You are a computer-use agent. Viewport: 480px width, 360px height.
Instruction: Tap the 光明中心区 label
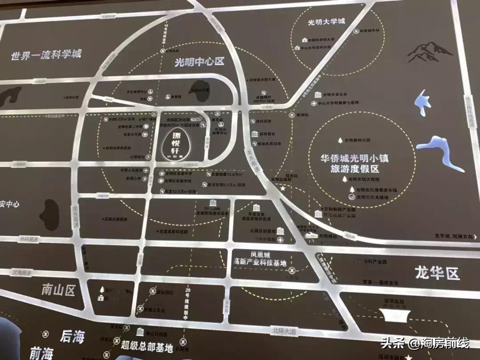(199, 63)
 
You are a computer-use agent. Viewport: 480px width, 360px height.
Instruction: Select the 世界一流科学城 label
(47, 56)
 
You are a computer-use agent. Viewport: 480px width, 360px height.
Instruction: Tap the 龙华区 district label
(437, 272)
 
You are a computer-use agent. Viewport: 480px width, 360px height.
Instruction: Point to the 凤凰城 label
(260, 255)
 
